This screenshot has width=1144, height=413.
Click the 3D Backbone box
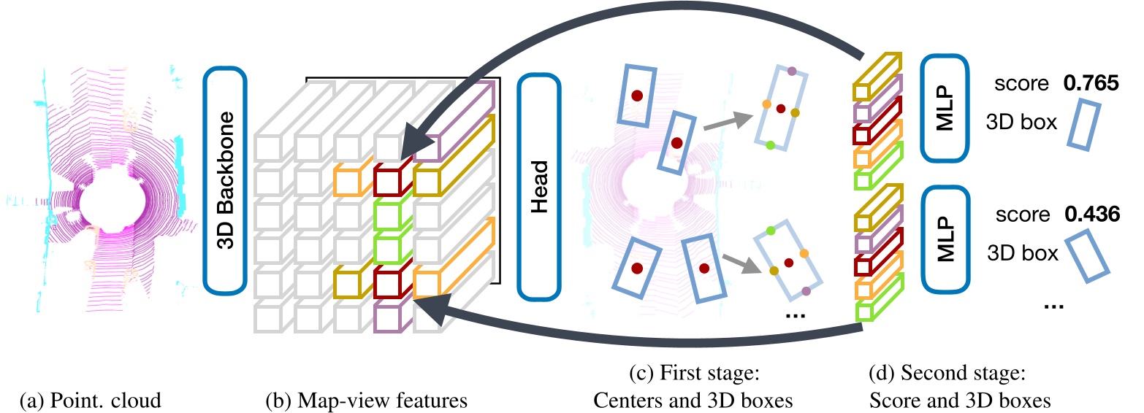tap(226, 180)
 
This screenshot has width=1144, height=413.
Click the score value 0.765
tap(1091, 84)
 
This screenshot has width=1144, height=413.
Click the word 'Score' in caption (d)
tap(903, 400)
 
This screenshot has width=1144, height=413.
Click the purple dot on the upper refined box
tap(793, 72)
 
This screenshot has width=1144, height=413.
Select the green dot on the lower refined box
tap(770, 231)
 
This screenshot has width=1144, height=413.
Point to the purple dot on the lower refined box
tap(806, 291)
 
